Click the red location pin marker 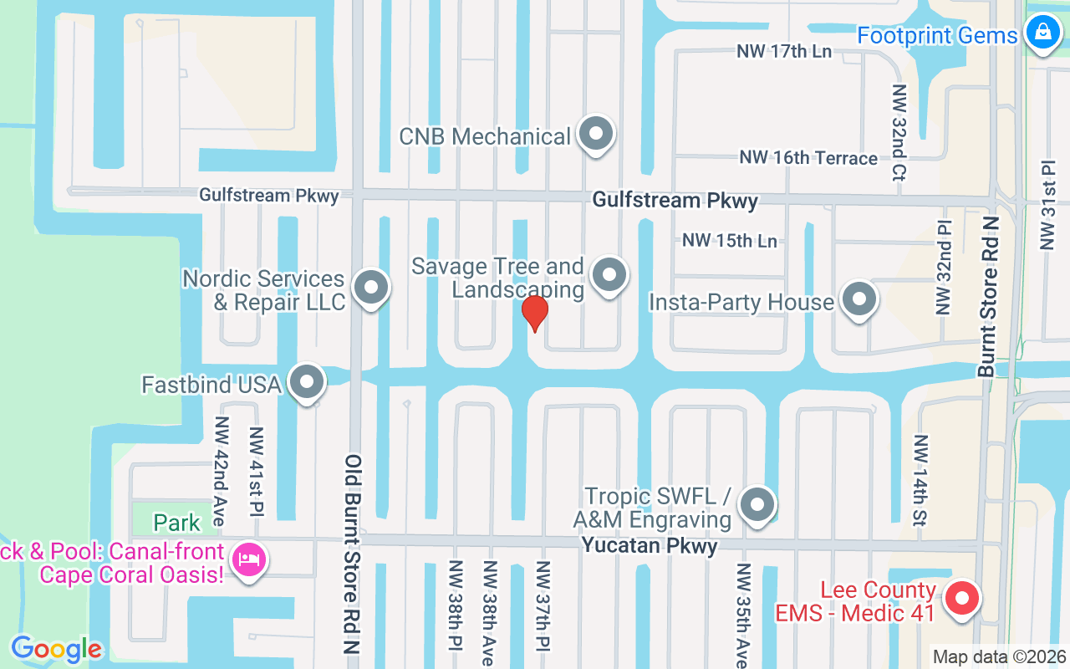tap(534, 314)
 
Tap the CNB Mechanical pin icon tap(596, 134)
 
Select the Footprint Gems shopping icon tap(1042, 33)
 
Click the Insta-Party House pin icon tap(858, 299)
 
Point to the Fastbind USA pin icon tap(307, 382)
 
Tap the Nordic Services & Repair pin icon tap(370, 288)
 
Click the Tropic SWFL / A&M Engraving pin tap(757, 504)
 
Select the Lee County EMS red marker tap(961, 599)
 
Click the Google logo tap(56, 648)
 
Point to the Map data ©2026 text tap(1000, 656)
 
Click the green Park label tap(176, 523)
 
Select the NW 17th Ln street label tap(783, 52)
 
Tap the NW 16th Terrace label tap(808, 158)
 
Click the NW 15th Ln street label tap(729, 241)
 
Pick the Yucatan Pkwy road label tap(650, 546)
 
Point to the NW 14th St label tap(921, 481)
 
